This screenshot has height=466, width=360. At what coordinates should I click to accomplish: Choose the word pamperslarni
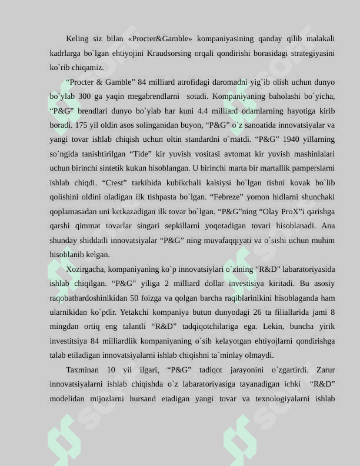tap(316, 168)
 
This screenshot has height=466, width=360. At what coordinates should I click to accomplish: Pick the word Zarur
tap(325, 370)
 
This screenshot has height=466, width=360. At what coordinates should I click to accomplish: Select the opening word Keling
tap(77, 39)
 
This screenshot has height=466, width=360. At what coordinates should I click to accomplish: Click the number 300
tap(85, 96)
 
